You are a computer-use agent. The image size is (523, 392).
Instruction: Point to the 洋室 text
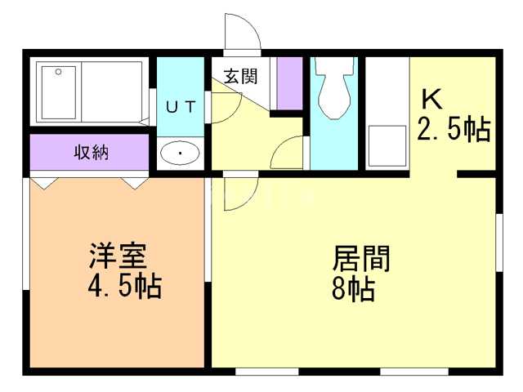coord(118,256)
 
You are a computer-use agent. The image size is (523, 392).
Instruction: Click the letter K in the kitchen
coord(431,99)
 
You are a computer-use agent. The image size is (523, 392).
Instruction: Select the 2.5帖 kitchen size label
coord(454,128)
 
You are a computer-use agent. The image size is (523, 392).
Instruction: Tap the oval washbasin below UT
coord(181,153)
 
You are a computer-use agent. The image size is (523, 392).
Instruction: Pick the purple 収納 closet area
coord(90,152)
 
